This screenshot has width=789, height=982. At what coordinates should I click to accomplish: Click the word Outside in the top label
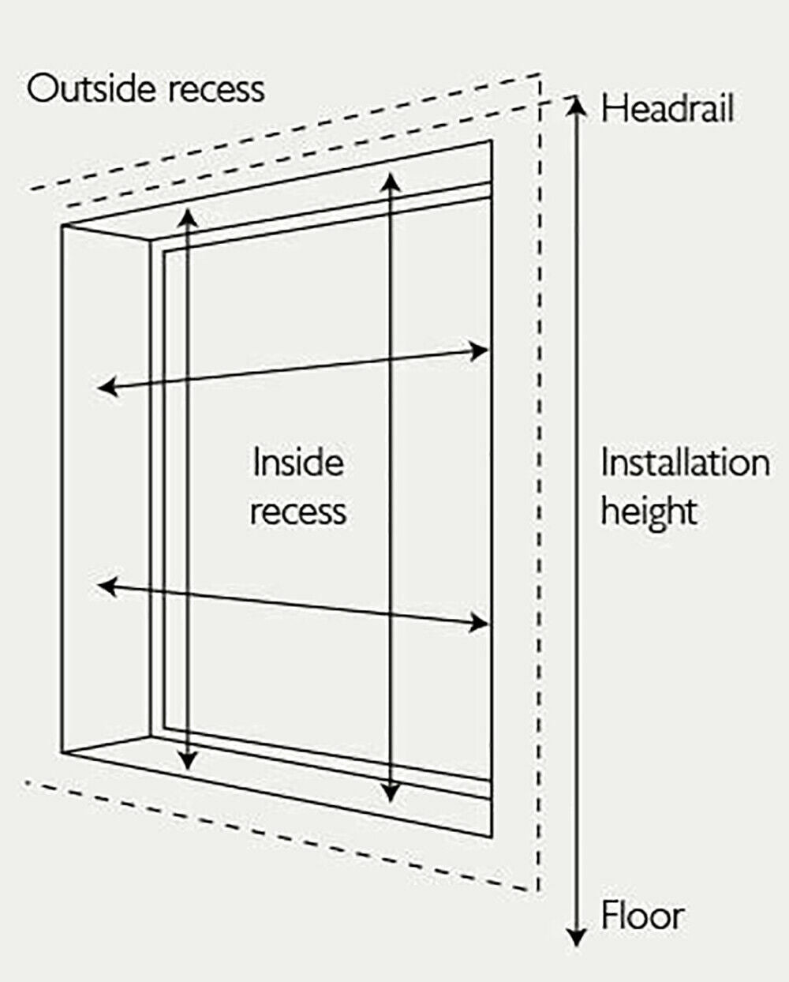click(x=91, y=88)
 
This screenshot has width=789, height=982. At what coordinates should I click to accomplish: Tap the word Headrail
click(x=667, y=108)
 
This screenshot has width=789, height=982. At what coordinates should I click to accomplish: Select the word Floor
click(x=642, y=916)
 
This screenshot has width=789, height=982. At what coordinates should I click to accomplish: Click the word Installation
click(x=685, y=463)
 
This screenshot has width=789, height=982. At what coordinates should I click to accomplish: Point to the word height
click(x=649, y=512)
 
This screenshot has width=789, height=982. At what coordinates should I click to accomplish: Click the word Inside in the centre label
click(x=298, y=463)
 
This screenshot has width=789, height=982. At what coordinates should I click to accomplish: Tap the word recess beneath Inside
click(x=298, y=512)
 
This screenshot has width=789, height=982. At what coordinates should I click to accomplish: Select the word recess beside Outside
click(x=216, y=89)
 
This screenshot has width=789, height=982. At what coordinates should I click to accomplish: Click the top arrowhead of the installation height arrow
click(x=578, y=105)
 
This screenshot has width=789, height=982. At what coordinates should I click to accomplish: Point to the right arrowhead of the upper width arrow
click(x=480, y=350)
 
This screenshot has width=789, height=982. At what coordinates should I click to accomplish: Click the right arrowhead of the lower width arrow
click(x=480, y=624)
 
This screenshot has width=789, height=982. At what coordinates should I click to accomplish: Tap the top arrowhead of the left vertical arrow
click(x=187, y=217)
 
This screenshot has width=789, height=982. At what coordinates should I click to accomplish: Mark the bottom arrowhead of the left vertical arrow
click(x=187, y=759)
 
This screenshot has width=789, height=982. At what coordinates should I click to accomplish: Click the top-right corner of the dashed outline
click(x=540, y=75)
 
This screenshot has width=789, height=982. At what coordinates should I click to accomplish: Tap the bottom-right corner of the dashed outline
click(x=539, y=892)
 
